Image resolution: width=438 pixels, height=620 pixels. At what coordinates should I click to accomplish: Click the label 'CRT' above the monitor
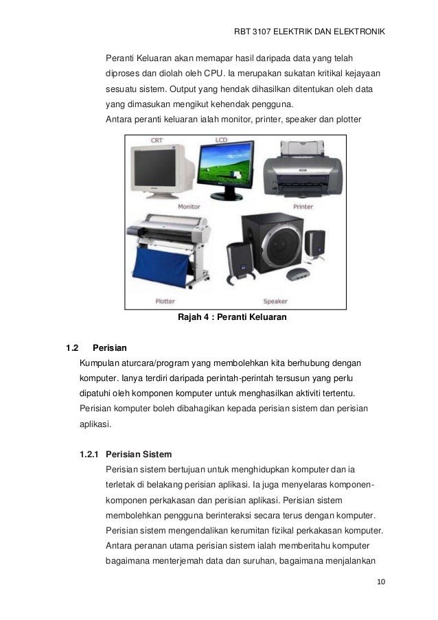click(157, 140)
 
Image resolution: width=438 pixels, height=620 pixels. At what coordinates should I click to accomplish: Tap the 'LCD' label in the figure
click(221, 139)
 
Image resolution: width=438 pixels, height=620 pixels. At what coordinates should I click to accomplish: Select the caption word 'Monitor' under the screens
click(189, 206)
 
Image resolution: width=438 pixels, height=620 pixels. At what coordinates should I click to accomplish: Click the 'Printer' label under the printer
click(303, 206)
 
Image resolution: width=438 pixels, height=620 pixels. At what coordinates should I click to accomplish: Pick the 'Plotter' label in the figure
click(165, 301)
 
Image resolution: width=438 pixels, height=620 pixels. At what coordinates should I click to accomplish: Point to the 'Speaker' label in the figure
click(275, 301)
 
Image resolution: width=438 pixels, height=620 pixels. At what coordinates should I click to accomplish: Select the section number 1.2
click(73, 347)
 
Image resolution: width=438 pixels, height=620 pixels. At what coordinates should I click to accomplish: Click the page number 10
click(381, 583)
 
